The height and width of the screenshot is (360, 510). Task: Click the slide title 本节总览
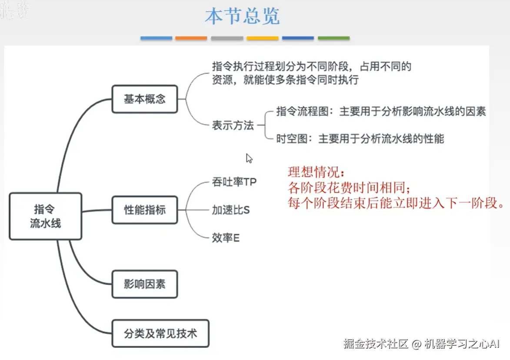[x=242, y=17]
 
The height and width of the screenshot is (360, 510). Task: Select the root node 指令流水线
[x=45, y=216]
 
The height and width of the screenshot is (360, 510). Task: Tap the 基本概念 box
[x=145, y=99]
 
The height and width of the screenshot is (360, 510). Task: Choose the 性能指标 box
[x=145, y=210]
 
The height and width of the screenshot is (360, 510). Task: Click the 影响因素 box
[x=145, y=285]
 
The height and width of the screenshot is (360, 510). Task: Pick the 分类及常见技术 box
[x=160, y=334]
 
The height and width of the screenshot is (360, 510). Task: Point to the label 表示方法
[x=233, y=126]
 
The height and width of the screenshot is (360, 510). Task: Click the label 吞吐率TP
[x=234, y=182]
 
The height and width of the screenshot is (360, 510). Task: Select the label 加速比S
[x=231, y=210]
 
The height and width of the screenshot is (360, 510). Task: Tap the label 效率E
[x=226, y=238]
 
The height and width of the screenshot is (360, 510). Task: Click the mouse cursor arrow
[x=249, y=158]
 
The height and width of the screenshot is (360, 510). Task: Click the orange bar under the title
[x=191, y=38]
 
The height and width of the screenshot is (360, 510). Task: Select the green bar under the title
[x=333, y=38]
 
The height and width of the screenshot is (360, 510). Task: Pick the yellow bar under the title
[x=262, y=38]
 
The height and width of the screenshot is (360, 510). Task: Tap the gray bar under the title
[x=227, y=38]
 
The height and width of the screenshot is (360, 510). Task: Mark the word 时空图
[x=287, y=139]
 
